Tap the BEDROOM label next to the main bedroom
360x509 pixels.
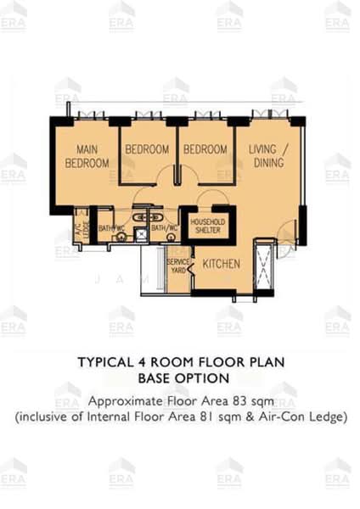pos(147,149)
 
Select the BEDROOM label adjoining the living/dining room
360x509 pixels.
pos(205,149)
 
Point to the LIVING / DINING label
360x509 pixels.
pos(267,156)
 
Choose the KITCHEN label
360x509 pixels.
pos(221,264)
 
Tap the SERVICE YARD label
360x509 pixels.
pos(177,267)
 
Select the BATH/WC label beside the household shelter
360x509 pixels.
pos(164,228)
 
